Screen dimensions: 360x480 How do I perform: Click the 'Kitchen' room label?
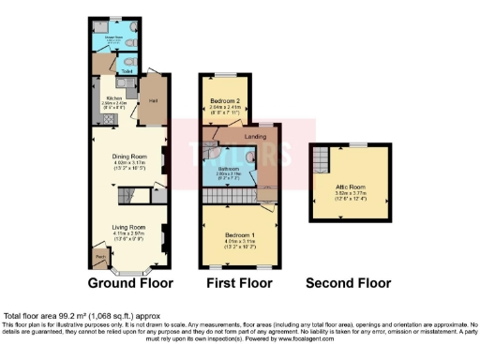(114, 97)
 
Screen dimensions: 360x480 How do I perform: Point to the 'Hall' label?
(153, 96)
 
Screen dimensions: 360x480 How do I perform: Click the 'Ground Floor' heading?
(130, 281)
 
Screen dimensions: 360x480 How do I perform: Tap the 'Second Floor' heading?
(351, 281)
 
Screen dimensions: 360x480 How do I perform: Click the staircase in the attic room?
(322, 158)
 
